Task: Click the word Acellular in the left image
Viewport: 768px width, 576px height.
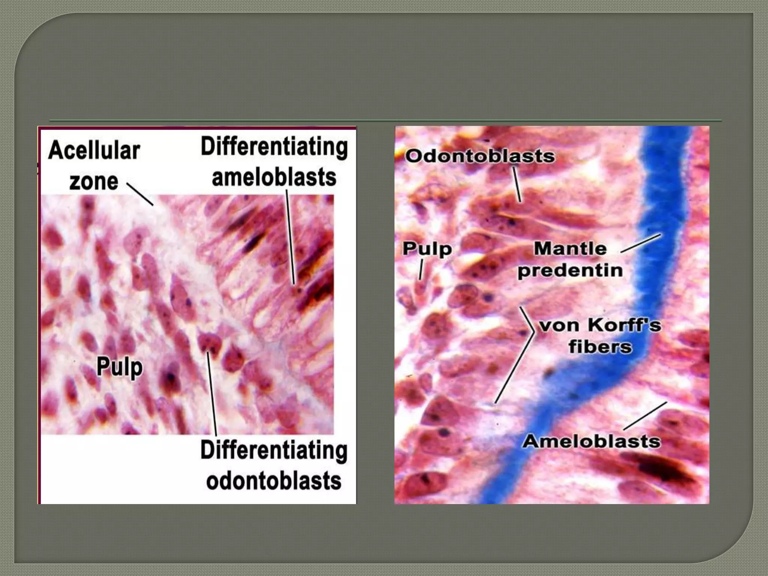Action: (94, 151)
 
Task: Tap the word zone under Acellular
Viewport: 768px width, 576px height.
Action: (94, 181)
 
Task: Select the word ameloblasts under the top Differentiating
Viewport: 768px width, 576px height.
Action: (274, 178)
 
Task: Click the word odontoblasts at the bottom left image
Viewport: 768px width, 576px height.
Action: (274, 481)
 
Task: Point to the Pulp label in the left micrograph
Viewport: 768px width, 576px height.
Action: (120, 367)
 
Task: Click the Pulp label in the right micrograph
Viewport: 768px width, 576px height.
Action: (427, 249)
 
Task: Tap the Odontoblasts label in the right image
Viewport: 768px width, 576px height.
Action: (480, 156)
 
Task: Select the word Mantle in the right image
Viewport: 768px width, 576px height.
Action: (570, 248)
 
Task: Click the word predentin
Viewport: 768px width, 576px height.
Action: (570, 270)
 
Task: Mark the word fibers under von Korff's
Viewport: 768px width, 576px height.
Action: (600, 346)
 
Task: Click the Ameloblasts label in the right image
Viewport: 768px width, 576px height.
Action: (591, 441)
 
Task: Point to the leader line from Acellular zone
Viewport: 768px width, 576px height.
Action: (140, 194)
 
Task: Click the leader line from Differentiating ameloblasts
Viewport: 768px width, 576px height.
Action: (291, 236)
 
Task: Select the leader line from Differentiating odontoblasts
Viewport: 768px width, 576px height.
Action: (212, 394)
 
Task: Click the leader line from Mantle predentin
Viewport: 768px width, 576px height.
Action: (640, 243)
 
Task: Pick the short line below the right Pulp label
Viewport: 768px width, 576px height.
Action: (421, 270)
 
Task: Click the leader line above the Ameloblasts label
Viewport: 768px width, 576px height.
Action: (645, 416)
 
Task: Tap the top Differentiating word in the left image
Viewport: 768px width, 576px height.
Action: (274, 147)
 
